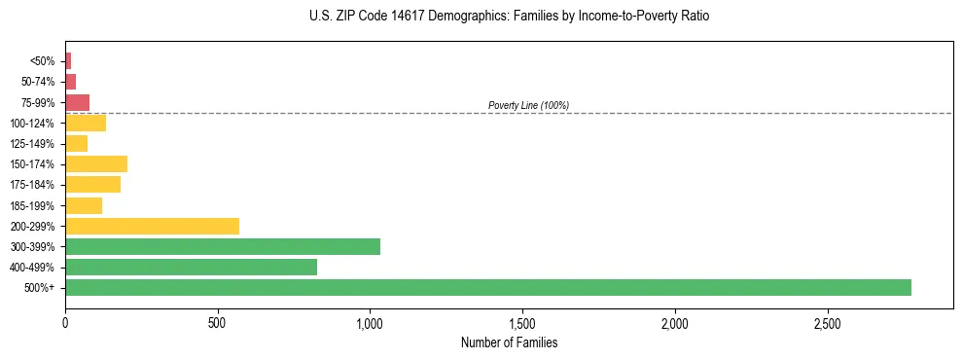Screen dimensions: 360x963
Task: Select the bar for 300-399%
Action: pos(223,246)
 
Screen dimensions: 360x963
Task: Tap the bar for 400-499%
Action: pos(191,267)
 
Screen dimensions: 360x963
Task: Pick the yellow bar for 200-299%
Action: pos(152,226)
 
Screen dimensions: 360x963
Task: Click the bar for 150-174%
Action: pos(96,163)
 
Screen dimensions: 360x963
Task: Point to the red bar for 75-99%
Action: pos(77,102)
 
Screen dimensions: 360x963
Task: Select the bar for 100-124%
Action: pos(86,123)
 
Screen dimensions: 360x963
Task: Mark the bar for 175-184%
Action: pos(92,184)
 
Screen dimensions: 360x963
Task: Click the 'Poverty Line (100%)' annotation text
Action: pos(528,105)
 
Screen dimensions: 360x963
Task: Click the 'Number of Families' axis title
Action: pos(510,342)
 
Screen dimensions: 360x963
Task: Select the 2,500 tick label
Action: pos(828,322)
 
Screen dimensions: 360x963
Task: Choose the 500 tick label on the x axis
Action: pos(218,322)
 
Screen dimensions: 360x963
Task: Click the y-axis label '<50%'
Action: pos(43,61)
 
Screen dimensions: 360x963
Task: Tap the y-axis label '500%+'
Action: pos(40,288)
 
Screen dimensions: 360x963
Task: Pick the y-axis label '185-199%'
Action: pos(32,205)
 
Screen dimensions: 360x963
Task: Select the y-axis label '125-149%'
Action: pos(32,144)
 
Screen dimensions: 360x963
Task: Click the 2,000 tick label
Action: pos(675,322)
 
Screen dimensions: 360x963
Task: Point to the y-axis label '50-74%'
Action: pos(38,82)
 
